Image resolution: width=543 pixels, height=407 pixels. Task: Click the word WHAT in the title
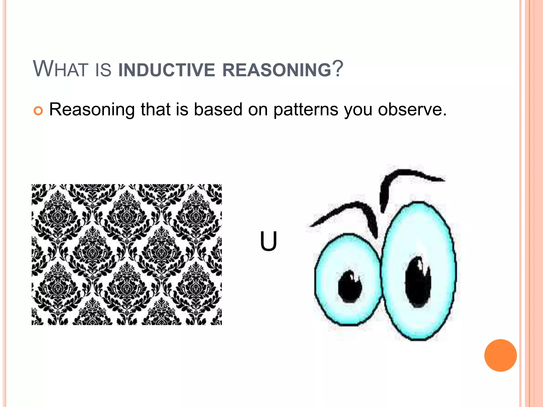coord(60,69)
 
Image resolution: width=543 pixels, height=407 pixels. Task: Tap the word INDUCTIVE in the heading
coord(166,70)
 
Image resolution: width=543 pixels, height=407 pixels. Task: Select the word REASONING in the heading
coord(277,70)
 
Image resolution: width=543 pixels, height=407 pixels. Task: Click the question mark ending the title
coord(338,69)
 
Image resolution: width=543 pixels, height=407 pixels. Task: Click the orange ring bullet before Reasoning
coord(38,111)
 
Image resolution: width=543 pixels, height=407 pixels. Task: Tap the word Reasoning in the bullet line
coord(92,110)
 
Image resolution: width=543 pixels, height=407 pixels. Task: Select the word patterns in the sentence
coord(306,110)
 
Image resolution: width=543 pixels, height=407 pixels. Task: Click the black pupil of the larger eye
coord(418,282)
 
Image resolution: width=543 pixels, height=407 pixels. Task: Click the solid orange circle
coord(500,355)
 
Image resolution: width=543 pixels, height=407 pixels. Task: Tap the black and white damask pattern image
coord(127,254)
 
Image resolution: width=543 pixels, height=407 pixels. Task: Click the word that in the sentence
coord(155,109)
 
